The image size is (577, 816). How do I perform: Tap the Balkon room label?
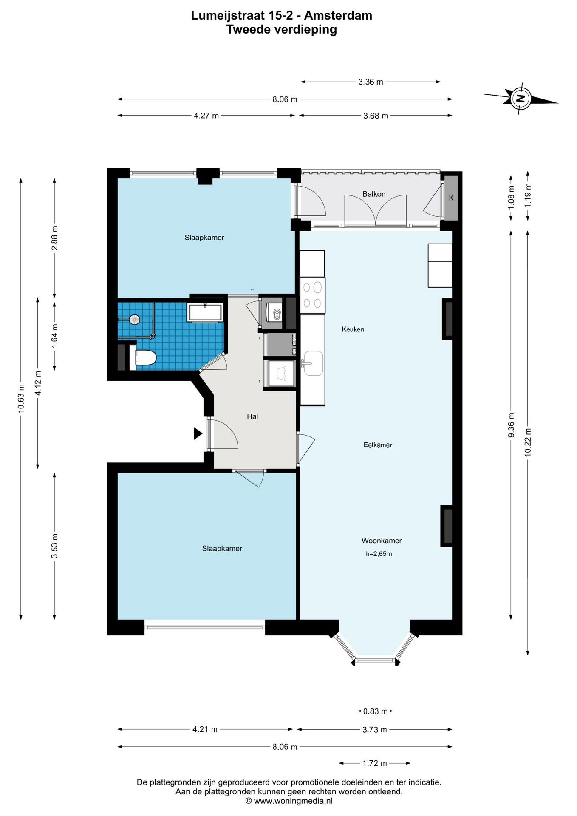(374, 194)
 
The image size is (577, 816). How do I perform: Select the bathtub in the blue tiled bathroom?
(205, 313)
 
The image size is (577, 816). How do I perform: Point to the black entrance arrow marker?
(198, 433)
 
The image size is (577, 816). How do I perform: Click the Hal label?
(252, 416)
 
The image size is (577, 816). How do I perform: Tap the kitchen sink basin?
(314, 363)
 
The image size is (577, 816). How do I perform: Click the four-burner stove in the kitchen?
(312, 295)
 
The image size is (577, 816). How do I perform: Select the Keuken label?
(353, 329)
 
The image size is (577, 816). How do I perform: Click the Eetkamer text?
(378, 445)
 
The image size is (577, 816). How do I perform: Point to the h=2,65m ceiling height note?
(379, 554)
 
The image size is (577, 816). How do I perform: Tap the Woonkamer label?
(382, 541)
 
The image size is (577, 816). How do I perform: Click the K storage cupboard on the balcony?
(451, 198)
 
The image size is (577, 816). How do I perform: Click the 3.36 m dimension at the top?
(371, 82)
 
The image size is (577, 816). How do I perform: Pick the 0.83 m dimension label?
(376, 711)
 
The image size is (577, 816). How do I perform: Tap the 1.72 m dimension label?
(375, 763)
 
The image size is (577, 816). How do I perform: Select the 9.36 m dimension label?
(511, 425)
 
